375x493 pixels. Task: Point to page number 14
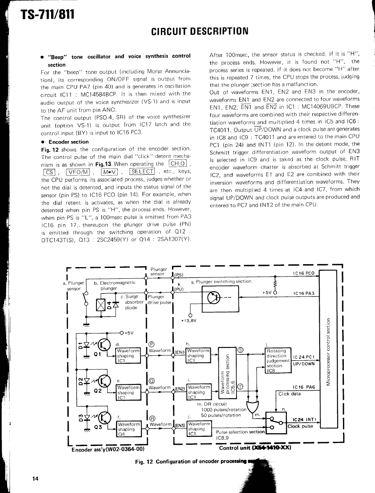[35, 479]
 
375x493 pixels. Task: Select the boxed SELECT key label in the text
[142, 171]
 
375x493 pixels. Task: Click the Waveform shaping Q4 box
[128, 428]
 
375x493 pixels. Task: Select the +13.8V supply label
[188, 320]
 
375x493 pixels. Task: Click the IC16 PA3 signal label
[304, 293]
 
